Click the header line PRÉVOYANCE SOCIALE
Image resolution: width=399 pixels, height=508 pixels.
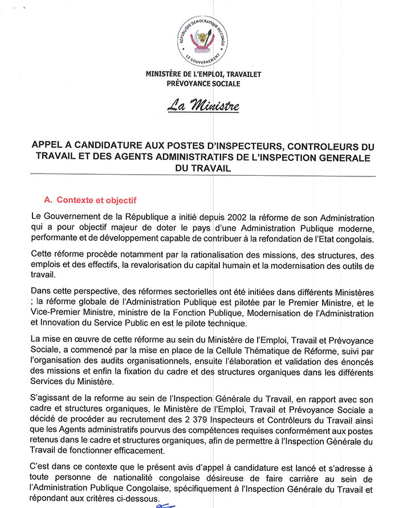[200, 83]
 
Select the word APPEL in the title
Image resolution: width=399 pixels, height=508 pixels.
[48, 146]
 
